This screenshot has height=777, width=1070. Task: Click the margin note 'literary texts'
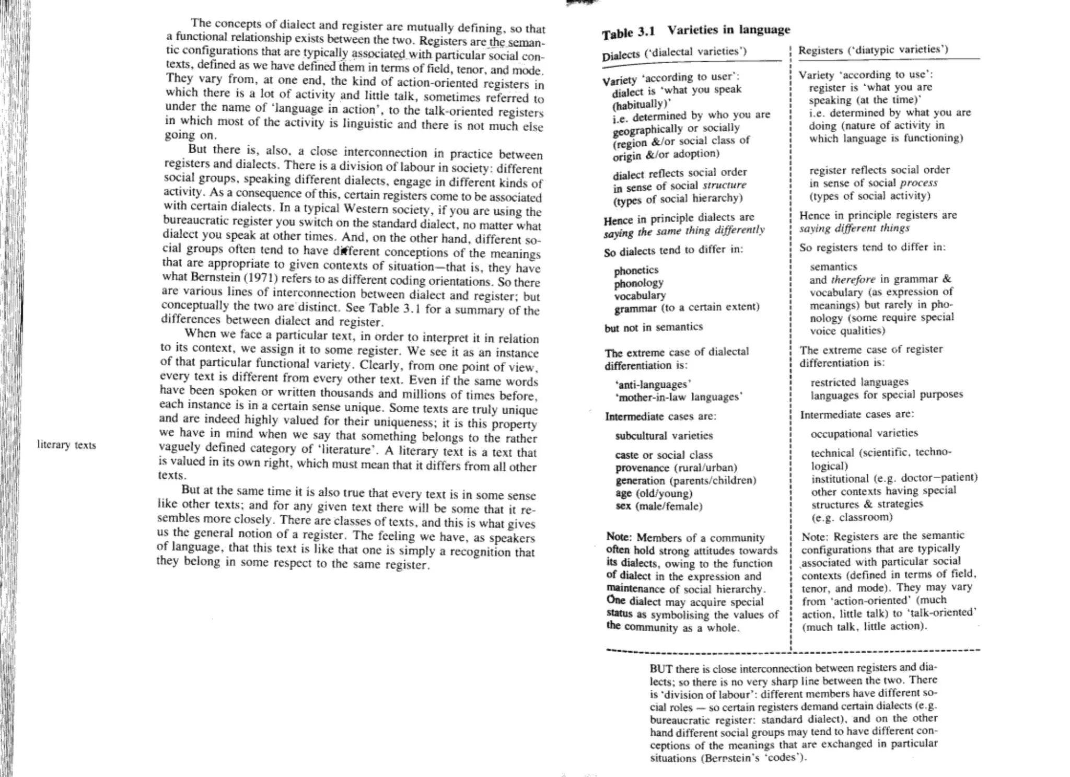(x=66, y=445)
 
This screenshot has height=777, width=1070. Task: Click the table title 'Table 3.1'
(x=628, y=32)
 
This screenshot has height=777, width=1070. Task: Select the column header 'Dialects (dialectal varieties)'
(x=674, y=53)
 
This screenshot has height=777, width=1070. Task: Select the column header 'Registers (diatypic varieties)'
(x=873, y=50)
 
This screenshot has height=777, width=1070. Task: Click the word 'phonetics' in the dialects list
(x=636, y=270)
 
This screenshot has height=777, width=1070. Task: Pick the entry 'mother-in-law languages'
(x=679, y=397)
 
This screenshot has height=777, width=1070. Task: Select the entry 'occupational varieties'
(x=864, y=433)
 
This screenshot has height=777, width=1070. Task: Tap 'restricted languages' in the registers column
(x=859, y=382)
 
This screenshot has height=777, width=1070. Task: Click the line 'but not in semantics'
(x=654, y=328)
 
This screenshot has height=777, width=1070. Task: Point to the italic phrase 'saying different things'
(x=854, y=228)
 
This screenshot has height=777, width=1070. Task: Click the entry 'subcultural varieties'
(x=664, y=436)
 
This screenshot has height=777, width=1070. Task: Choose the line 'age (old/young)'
(x=654, y=493)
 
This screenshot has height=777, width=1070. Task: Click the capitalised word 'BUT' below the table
(x=660, y=669)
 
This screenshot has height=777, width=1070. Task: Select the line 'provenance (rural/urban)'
(x=676, y=468)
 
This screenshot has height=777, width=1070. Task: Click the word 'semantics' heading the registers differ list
(x=833, y=266)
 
